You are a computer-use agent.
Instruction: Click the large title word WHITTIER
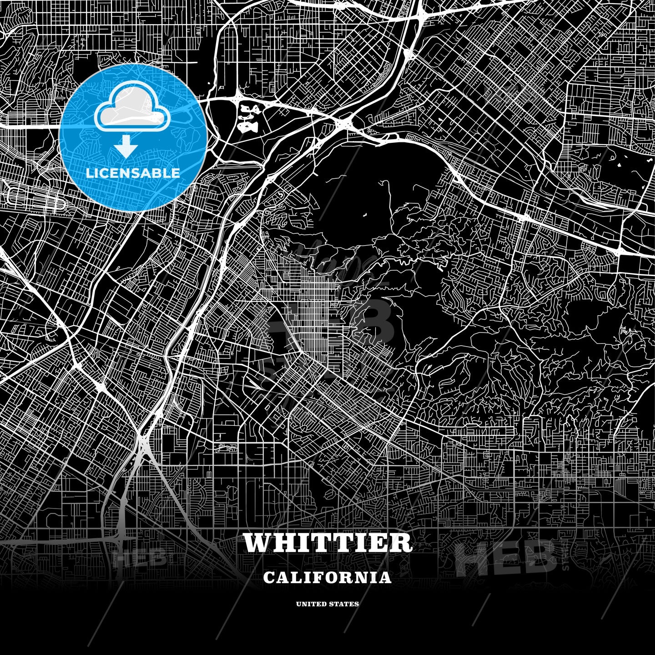tap(327, 543)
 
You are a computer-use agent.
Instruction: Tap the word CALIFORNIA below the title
tap(327, 578)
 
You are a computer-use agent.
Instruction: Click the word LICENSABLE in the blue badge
tap(133, 173)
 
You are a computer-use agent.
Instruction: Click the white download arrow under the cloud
tap(126, 148)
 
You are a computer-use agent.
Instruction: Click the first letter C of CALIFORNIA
tap(268, 578)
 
